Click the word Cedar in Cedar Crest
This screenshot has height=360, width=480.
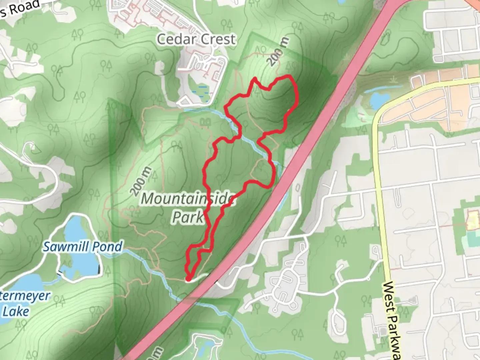point(175,39)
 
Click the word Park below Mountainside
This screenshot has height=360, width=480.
point(188,217)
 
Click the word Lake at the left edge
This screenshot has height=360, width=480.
point(16,311)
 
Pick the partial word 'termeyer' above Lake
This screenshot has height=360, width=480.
point(25,296)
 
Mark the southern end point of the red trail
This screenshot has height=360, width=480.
point(188,279)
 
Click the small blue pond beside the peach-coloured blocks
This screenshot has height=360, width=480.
point(379,99)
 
